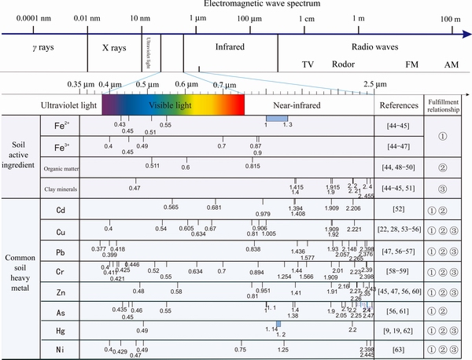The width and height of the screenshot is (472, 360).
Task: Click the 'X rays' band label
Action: pos(114,48)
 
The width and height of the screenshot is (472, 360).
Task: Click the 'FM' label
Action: pos(412,64)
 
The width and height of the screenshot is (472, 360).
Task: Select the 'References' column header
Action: pos(399,105)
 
